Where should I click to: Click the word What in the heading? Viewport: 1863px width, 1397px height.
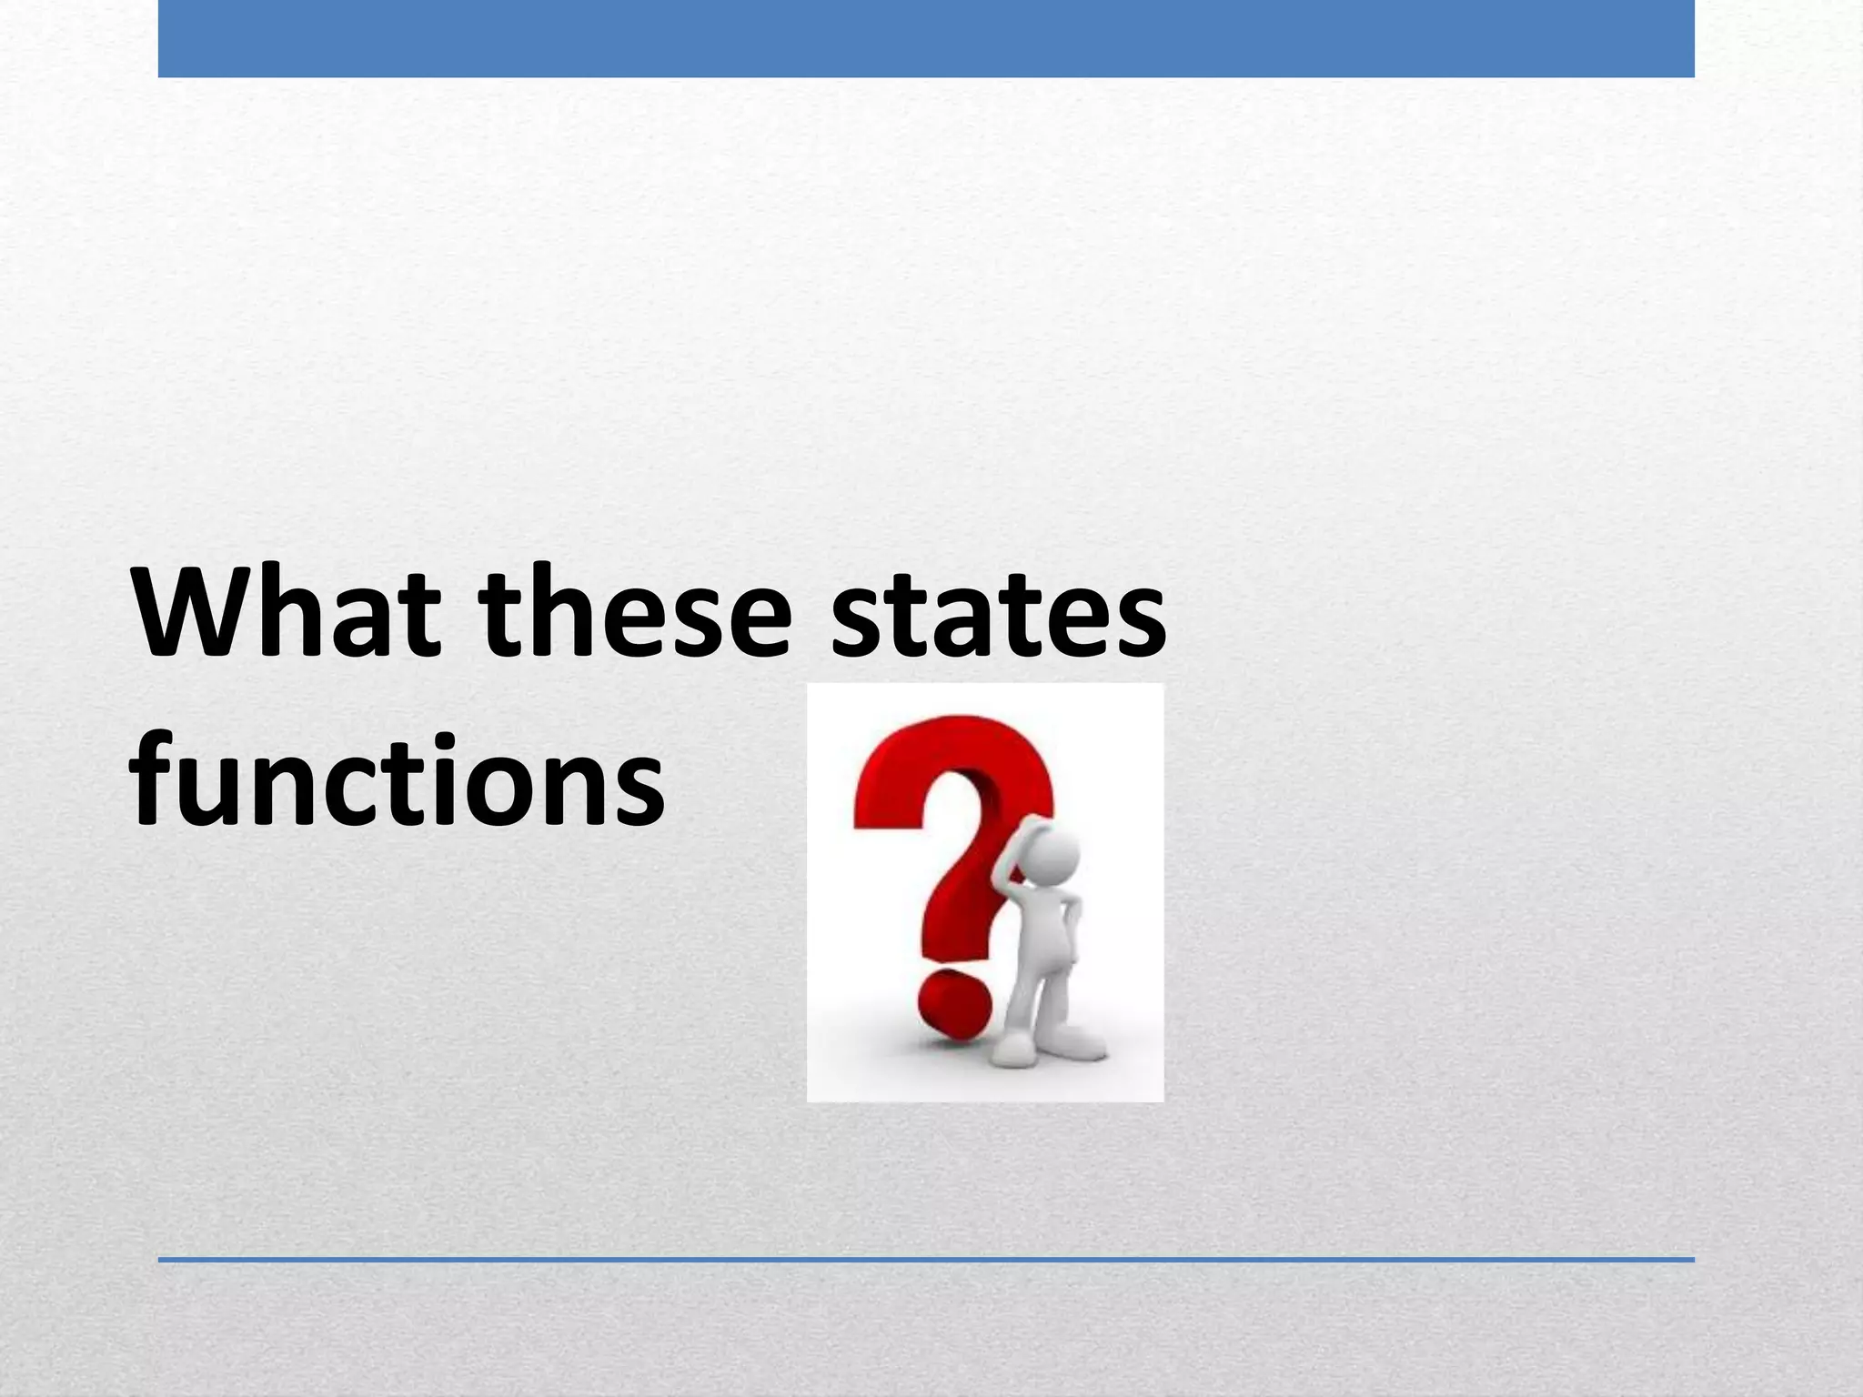click(288, 611)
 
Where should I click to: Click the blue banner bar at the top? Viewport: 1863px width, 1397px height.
click(926, 38)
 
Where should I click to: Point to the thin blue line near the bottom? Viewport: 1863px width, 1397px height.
click(926, 1260)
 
